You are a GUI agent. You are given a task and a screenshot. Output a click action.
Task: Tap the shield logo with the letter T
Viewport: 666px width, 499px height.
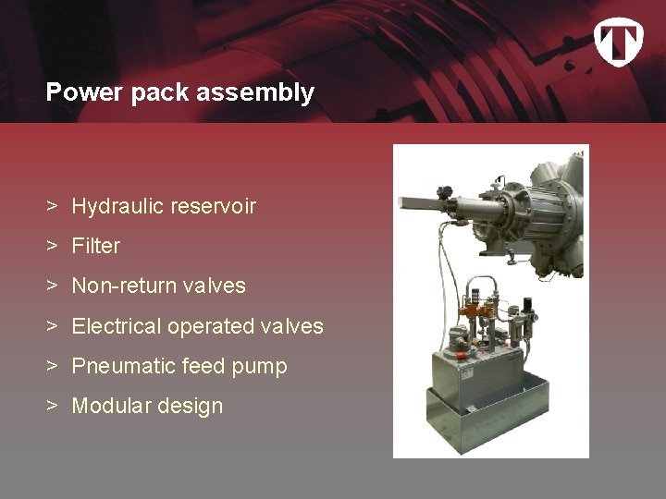click(x=617, y=42)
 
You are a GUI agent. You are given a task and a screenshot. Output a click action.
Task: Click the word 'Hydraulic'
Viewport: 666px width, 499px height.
click(x=116, y=207)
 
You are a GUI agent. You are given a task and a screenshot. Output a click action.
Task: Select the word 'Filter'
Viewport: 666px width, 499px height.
click(x=96, y=247)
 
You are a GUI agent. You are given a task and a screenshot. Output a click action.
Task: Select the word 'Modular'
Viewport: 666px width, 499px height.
click(x=109, y=406)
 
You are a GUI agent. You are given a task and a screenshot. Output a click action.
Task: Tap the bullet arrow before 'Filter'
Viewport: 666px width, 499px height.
click(x=55, y=247)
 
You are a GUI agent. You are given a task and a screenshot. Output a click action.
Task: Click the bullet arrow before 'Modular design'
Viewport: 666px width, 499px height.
click(x=55, y=406)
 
